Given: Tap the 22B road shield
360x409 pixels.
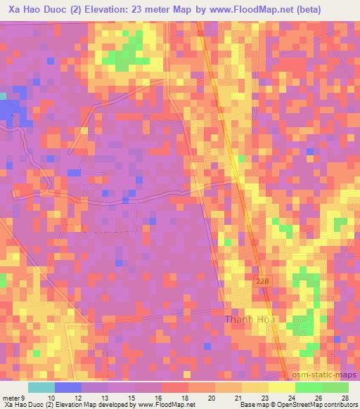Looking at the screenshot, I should pyautogui.click(x=261, y=280).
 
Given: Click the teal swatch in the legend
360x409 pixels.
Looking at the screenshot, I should pyautogui.click(x=41, y=387).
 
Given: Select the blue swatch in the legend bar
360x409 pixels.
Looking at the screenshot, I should pyautogui.click(x=68, y=387).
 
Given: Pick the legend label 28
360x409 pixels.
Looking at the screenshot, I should pyautogui.click(x=345, y=397).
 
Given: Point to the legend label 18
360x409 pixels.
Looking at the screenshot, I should pyautogui.click(x=185, y=397).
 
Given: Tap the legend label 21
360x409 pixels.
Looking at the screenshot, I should pyautogui.click(x=238, y=397).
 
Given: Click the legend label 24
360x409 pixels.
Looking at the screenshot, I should pyautogui.click(x=291, y=397).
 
